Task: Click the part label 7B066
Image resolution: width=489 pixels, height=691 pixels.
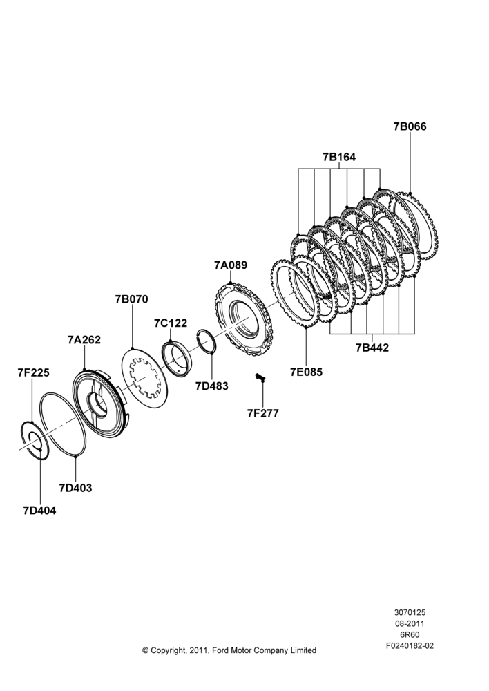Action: coord(410,126)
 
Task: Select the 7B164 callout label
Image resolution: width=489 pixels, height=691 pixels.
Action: coord(338,157)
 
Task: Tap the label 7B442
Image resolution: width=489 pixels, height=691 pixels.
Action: coord(372,348)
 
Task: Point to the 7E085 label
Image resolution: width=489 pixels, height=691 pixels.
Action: coord(306,372)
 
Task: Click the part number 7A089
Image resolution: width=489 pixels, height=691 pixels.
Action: coord(231,265)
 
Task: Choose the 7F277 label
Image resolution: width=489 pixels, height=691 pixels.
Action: coord(262,413)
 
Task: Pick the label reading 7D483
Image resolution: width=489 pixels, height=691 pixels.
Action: coord(212,386)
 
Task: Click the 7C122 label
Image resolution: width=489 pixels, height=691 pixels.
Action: coord(171,323)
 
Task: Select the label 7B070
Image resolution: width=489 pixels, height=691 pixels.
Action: coord(132,299)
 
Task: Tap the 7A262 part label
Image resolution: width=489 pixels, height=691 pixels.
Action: coord(84,340)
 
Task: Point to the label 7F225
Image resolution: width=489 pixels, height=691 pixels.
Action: coord(33,373)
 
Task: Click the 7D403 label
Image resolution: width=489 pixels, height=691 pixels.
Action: coord(75,488)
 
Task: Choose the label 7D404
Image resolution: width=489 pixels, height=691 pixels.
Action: coord(39,511)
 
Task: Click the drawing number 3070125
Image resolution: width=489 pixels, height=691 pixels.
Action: coord(410,612)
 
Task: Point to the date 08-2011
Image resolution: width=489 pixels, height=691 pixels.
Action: coord(410,623)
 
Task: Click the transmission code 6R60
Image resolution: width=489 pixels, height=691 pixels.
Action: coord(410,634)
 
